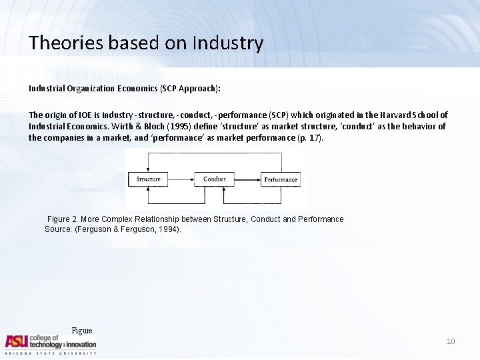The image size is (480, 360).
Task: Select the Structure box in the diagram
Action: [x=148, y=179]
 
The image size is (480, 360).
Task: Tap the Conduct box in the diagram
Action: [x=214, y=179]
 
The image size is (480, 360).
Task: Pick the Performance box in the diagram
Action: [x=281, y=179]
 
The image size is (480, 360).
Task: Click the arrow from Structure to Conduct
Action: [x=181, y=179]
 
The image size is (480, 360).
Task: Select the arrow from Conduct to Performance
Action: [x=247, y=179]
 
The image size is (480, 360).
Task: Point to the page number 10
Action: [x=451, y=341]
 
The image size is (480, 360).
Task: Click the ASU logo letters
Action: [x=17, y=341]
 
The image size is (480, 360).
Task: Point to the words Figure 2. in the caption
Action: [x=63, y=219]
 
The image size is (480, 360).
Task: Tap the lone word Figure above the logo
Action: [x=81, y=331]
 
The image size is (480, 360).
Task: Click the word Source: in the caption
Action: [x=59, y=229]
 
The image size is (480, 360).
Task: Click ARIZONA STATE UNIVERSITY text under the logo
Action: [x=51, y=353]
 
